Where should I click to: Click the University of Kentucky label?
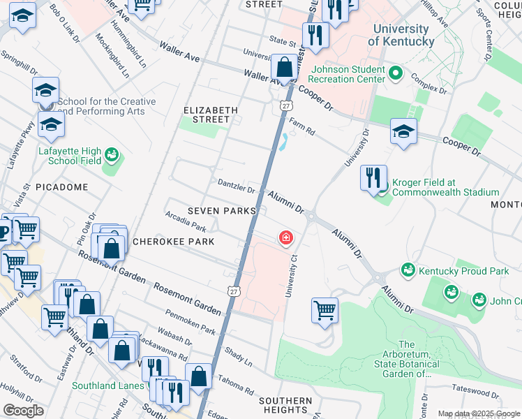click(x=401, y=35)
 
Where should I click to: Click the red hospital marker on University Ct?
click(x=285, y=238)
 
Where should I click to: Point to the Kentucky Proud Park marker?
click(x=408, y=269)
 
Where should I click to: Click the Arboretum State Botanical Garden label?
click(x=407, y=359)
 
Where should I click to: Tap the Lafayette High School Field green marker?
click(x=110, y=154)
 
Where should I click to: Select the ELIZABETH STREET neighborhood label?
click(x=211, y=115)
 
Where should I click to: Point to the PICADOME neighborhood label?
click(x=61, y=187)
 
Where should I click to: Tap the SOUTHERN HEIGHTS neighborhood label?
click(x=285, y=405)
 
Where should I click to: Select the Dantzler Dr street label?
click(x=235, y=188)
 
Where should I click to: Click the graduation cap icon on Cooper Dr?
click(x=403, y=133)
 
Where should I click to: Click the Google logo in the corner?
click(x=23, y=411)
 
